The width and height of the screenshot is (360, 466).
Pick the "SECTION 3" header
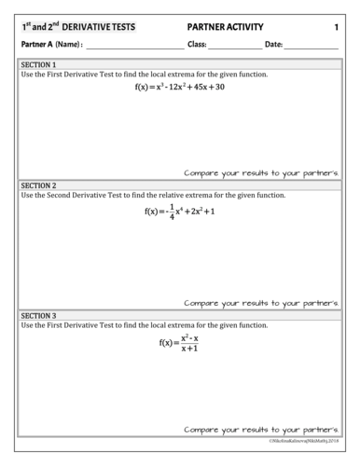(x=38, y=315)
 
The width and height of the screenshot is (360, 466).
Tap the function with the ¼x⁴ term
(x=180, y=211)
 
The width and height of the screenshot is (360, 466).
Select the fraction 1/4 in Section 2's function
(x=173, y=211)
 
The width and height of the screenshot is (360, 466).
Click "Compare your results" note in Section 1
(x=260, y=172)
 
